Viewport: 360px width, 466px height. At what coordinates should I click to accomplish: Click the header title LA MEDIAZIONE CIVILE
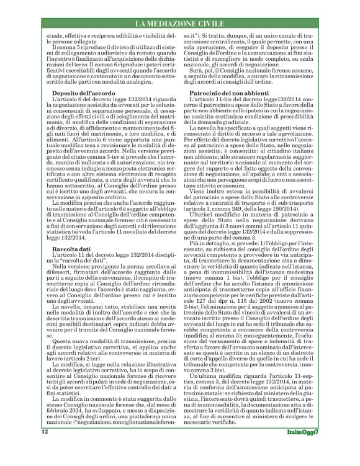click(180, 24)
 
